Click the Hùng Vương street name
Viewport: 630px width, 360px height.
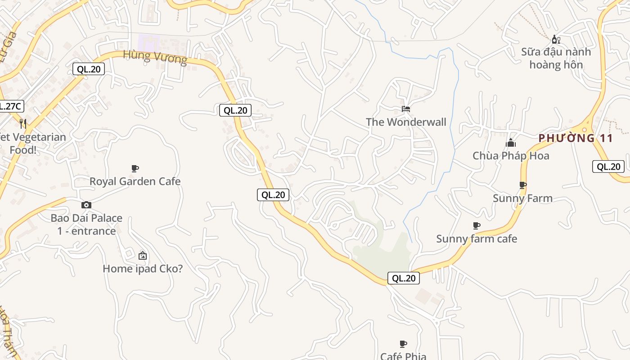[155, 57]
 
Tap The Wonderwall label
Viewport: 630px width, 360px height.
[406, 122]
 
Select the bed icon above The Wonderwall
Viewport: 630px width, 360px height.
[406, 109]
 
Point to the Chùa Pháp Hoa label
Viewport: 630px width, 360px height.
[511, 156]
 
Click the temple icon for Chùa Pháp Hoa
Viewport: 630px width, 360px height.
[511, 143]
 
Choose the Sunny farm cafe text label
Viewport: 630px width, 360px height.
[477, 238]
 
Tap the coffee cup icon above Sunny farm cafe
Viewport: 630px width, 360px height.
[477, 225]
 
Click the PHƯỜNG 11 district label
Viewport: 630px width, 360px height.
[576, 138]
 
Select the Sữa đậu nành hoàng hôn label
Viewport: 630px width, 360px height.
[556, 58]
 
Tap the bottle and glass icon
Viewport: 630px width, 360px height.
[556, 40]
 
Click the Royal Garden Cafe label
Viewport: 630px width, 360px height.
[135, 181]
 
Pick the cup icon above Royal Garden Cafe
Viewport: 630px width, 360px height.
[135, 168]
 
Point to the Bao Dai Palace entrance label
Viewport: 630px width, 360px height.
[86, 224]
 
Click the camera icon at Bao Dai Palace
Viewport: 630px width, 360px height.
[86, 205]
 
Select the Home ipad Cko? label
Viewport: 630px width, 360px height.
[143, 269]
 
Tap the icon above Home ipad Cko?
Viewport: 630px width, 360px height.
[143, 256]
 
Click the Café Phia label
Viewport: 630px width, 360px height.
[403, 355]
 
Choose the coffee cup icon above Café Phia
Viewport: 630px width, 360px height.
[403, 344]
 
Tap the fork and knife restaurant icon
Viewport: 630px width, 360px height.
[23, 123]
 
